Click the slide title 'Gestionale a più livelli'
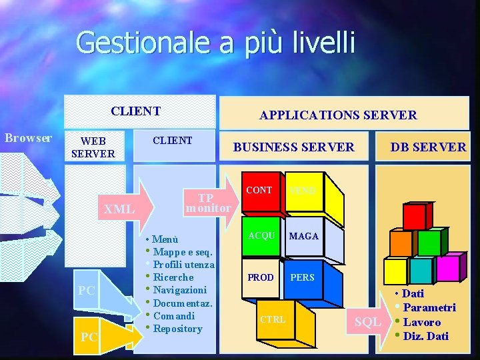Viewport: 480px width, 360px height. pyautogui.click(x=216, y=43)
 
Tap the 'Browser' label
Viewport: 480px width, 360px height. pyautogui.click(x=28, y=138)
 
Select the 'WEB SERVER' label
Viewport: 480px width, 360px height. pyautogui.click(x=93, y=147)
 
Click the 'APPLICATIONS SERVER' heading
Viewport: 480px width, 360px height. pyautogui.click(x=338, y=115)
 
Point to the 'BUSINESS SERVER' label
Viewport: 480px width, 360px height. pyautogui.click(x=293, y=147)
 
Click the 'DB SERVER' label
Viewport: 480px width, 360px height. pyautogui.click(x=428, y=147)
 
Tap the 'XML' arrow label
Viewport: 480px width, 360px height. pyautogui.click(x=119, y=209)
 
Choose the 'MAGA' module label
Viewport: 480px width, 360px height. pyautogui.click(x=303, y=236)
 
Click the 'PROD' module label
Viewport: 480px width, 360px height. pyautogui.click(x=260, y=277)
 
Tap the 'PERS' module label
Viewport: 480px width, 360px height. pyautogui.click(x=302, y=277)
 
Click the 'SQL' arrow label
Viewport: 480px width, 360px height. pyautogui.click(x=368, y=322)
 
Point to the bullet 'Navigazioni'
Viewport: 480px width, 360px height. pyautogui.click(x=179, y=290)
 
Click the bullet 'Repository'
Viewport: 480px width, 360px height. pyautogui.click(x=177, y=329)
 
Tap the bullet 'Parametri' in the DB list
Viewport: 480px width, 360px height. pyautogui.click(x=429, y=307)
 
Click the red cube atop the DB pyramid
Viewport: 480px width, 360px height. pyautogui.click(x=415, y=217)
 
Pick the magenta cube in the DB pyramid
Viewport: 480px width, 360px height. pyautogui.click(x=446, y=268)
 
